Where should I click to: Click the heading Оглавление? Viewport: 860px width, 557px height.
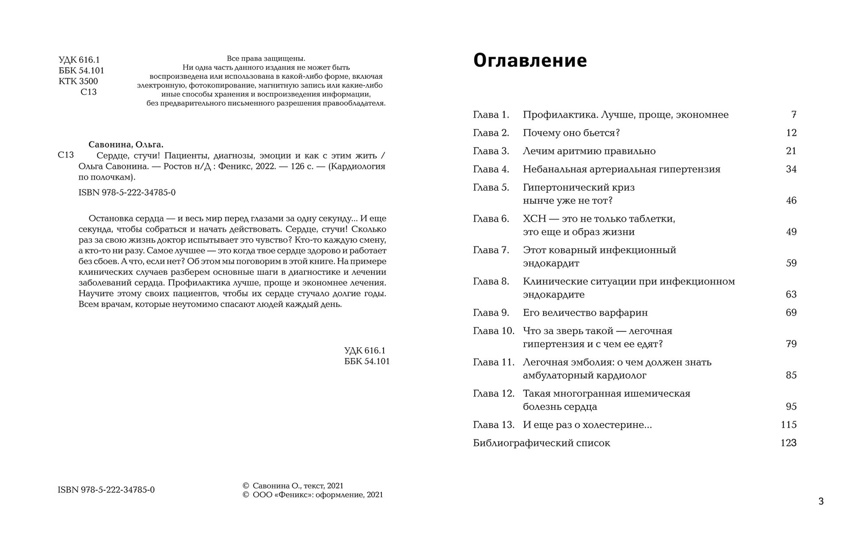[530, 61]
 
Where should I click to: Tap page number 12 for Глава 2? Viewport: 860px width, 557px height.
[791, 133]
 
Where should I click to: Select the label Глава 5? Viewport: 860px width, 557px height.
[491, 188]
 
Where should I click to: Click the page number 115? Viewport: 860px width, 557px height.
[788, 425]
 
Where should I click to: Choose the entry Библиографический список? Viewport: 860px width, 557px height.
[541, 443]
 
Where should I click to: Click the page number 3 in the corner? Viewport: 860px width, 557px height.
[821, 501]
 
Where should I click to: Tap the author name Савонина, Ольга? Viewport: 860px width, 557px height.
[126, 145]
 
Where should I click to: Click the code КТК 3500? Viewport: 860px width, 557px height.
[78, 81]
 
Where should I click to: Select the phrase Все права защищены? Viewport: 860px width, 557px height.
[266, 58]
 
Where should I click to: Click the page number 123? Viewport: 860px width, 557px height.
[788, 443]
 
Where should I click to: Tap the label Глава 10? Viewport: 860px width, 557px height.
[494, 331]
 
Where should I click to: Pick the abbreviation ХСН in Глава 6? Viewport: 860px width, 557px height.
[535, 219]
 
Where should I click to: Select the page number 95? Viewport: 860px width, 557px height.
[791, 407]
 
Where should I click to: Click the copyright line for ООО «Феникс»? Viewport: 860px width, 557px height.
[313, 495]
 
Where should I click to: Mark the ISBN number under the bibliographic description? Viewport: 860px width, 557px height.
[127, 193]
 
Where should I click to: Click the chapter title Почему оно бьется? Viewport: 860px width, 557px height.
[571, 133]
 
